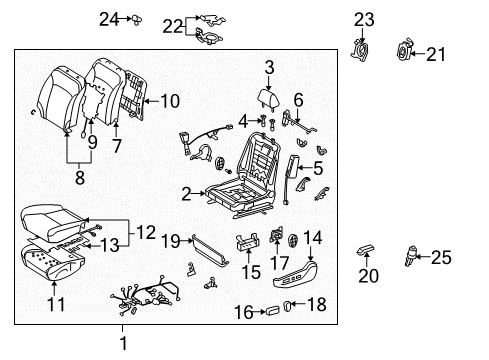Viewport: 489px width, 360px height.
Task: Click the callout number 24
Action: pyautogui.click(x=109, y=19)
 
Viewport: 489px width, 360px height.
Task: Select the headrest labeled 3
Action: pyautogui.click(x=268, y=98)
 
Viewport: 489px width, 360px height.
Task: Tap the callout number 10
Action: pyautogui.click(x=170, y=101)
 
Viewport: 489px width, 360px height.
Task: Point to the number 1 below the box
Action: pyautogui.click(x=123, y=343)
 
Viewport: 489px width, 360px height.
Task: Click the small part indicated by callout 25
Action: pyautogui.click(x=411, y=256)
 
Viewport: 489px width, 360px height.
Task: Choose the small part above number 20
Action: pyautogui.click(x=365, y=249)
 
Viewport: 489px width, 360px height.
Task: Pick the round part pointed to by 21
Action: pyautogui.click(x=404, y=51)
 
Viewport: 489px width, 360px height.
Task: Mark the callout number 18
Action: pyautogui.click(x=316, y=304)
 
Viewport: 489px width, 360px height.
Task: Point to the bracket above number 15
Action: pyautogui.click(x=248, y=241)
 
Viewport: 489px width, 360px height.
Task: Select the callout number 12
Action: pyautogui.click(x=146, y=232)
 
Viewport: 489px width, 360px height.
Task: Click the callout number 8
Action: pyautogui.click(x=80, y=177)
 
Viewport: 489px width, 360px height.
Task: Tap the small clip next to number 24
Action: pyautogui.click(x=137, y=20)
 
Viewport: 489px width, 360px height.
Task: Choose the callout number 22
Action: pyautogui.click(x=173, y=26)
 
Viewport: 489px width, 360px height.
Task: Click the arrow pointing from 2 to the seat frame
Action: pyautogui.click(x=199, y=193)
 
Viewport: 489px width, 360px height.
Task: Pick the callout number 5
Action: pyautogui.click(x=318, y=168)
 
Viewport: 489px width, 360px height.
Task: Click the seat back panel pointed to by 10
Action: pyautogui.click(x=135, y=94)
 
